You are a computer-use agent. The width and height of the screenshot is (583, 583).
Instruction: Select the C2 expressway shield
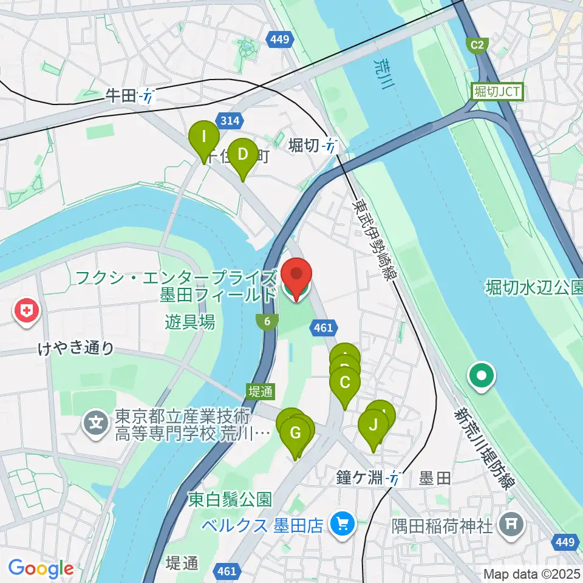477,44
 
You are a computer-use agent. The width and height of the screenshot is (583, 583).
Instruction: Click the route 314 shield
230,121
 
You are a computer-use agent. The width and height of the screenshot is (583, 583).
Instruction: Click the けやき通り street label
75,348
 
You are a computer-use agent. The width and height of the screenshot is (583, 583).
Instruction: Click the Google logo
41,568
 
